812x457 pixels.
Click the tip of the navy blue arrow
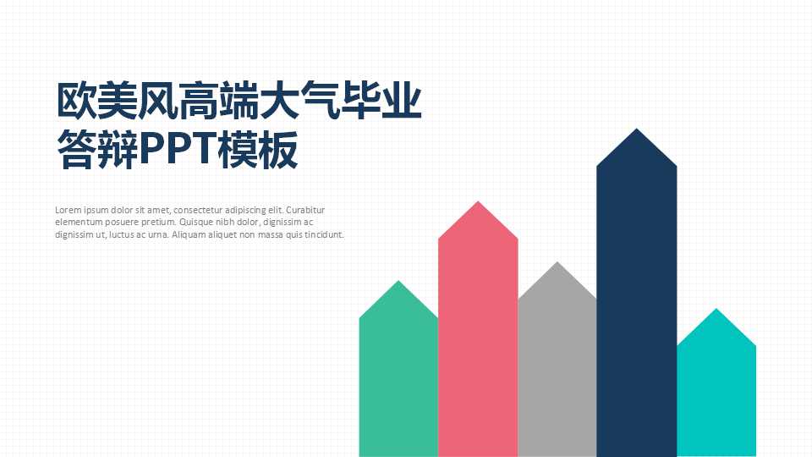click(636, 133)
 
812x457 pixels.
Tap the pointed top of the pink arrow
click(478, 206)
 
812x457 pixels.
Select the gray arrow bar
click(557, 372)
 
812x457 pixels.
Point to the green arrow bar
click(398, 381)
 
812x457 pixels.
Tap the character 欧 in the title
click(73, 102)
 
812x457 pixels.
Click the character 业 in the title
click(403, 102)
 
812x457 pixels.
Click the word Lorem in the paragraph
click(68, 209)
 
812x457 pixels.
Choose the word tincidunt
click(325, 234)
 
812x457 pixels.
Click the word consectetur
click(200, 209)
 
